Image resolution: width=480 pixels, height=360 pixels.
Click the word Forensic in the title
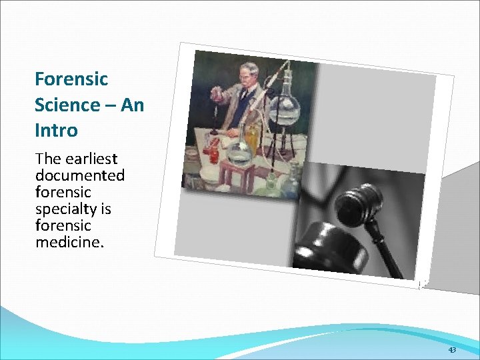point(71,79)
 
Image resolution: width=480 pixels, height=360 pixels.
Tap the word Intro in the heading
point(56,130)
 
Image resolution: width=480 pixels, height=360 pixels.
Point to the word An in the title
point(133,105)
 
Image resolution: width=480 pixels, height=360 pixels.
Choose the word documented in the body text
point(80,175)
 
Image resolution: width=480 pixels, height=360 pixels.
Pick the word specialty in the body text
point(65,209)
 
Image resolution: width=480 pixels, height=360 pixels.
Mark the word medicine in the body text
point(69,242)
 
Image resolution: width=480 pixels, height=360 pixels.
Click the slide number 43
point(452,350)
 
